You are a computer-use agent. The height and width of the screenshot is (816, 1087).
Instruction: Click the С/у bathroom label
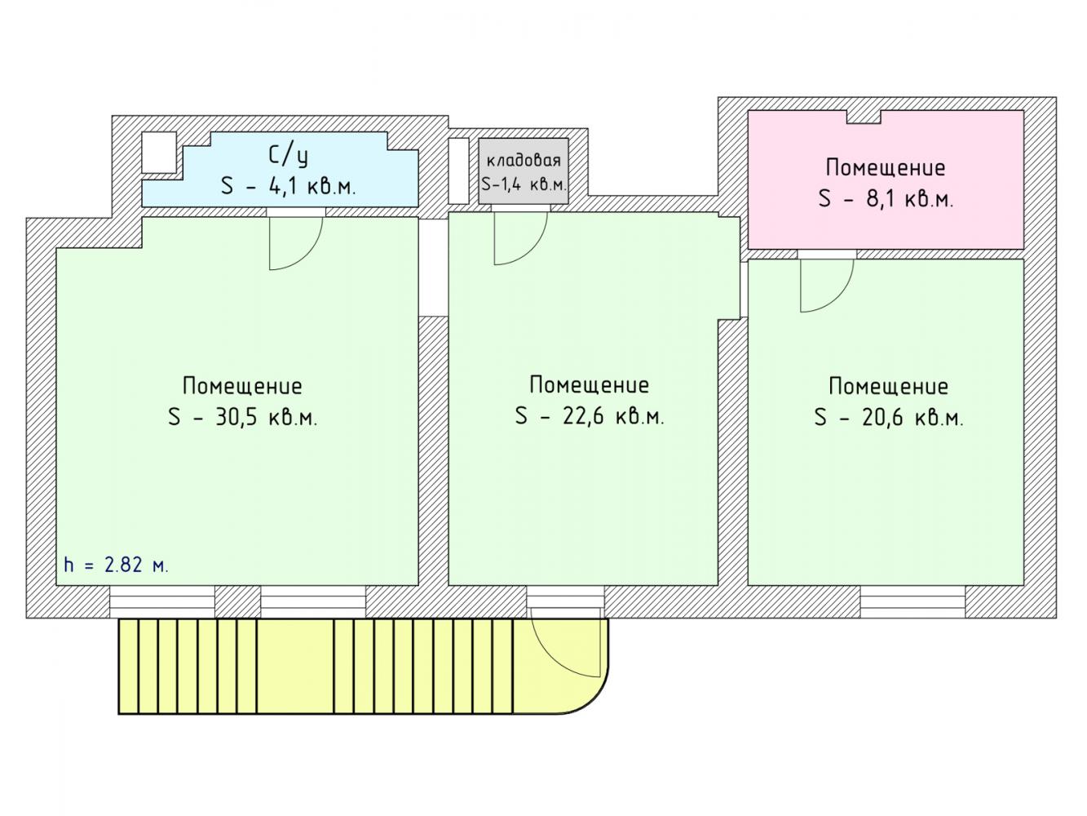coord(288,156)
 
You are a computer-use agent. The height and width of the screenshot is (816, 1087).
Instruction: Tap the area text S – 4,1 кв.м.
coord(288,187)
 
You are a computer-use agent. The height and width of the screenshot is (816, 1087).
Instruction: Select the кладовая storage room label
coord(524,161)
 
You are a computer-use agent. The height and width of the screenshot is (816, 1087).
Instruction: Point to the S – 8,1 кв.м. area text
coord(886,198)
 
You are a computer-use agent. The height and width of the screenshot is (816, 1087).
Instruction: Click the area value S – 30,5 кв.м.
coord(243,417)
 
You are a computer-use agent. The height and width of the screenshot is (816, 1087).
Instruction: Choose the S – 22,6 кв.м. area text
coord(590,415)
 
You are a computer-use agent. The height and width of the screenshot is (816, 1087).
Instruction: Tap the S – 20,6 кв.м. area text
coord(889,417)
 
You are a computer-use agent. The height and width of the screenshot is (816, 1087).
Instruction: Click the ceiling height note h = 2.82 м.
coord(117,565)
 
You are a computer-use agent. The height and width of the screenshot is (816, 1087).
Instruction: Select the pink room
coord(886,180)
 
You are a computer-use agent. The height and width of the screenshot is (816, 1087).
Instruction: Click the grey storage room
coord(524,171)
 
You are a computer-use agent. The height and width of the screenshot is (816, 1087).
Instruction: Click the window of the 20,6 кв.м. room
coord(912,601)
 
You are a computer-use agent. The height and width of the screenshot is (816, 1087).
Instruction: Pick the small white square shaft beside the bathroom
coord(159,152)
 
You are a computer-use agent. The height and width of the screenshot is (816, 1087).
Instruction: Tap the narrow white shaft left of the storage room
coord(458,171)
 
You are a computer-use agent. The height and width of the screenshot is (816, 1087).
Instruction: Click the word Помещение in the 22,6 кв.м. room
coord(590,385)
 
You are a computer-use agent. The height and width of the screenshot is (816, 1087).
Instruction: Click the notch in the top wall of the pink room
coord(864,117)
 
